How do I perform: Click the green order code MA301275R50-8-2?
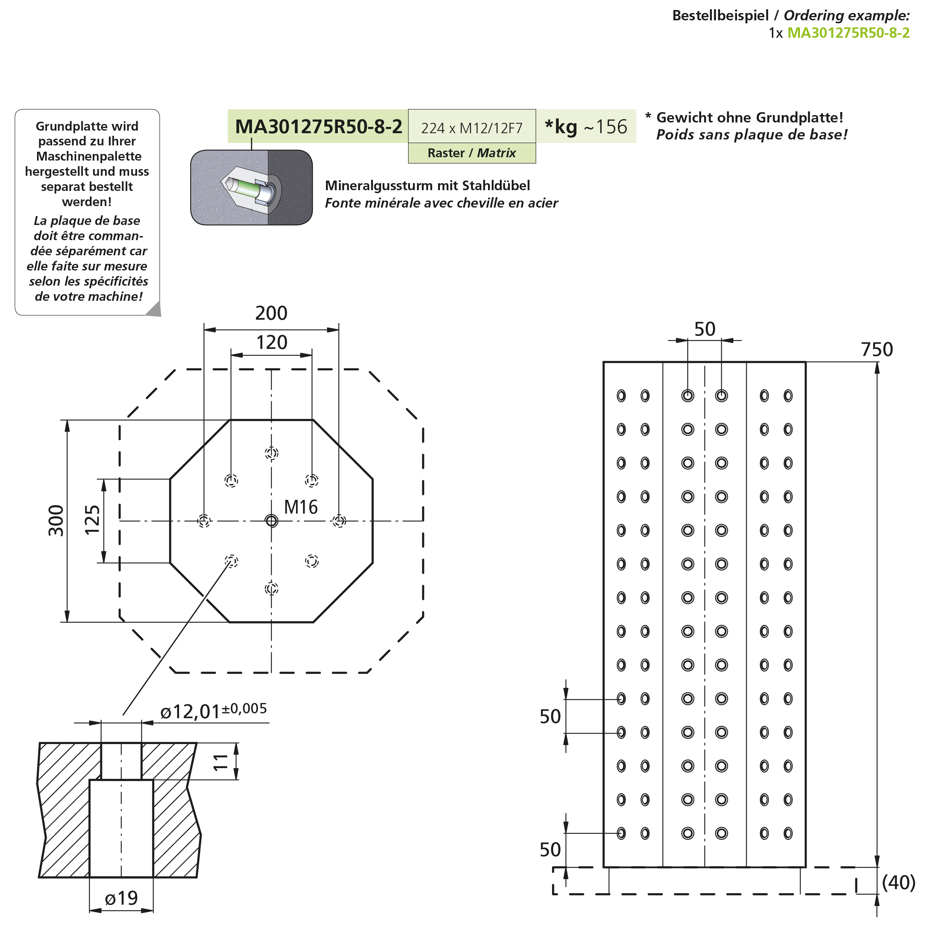coord(848,33)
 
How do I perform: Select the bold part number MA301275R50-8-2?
coord(319,127)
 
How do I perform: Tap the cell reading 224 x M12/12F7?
coord(472,128)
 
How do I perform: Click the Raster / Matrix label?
coord(472,153)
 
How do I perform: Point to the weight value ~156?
coord(606,127)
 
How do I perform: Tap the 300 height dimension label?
coord(57,521)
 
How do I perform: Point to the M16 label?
coord(301,507)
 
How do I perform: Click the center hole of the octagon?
coord(272,521)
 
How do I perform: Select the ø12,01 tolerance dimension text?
coord(213,710)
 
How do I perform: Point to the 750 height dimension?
coord(877,350)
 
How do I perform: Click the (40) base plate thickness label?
coord(899,882)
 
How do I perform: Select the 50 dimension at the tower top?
coord(705,329)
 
